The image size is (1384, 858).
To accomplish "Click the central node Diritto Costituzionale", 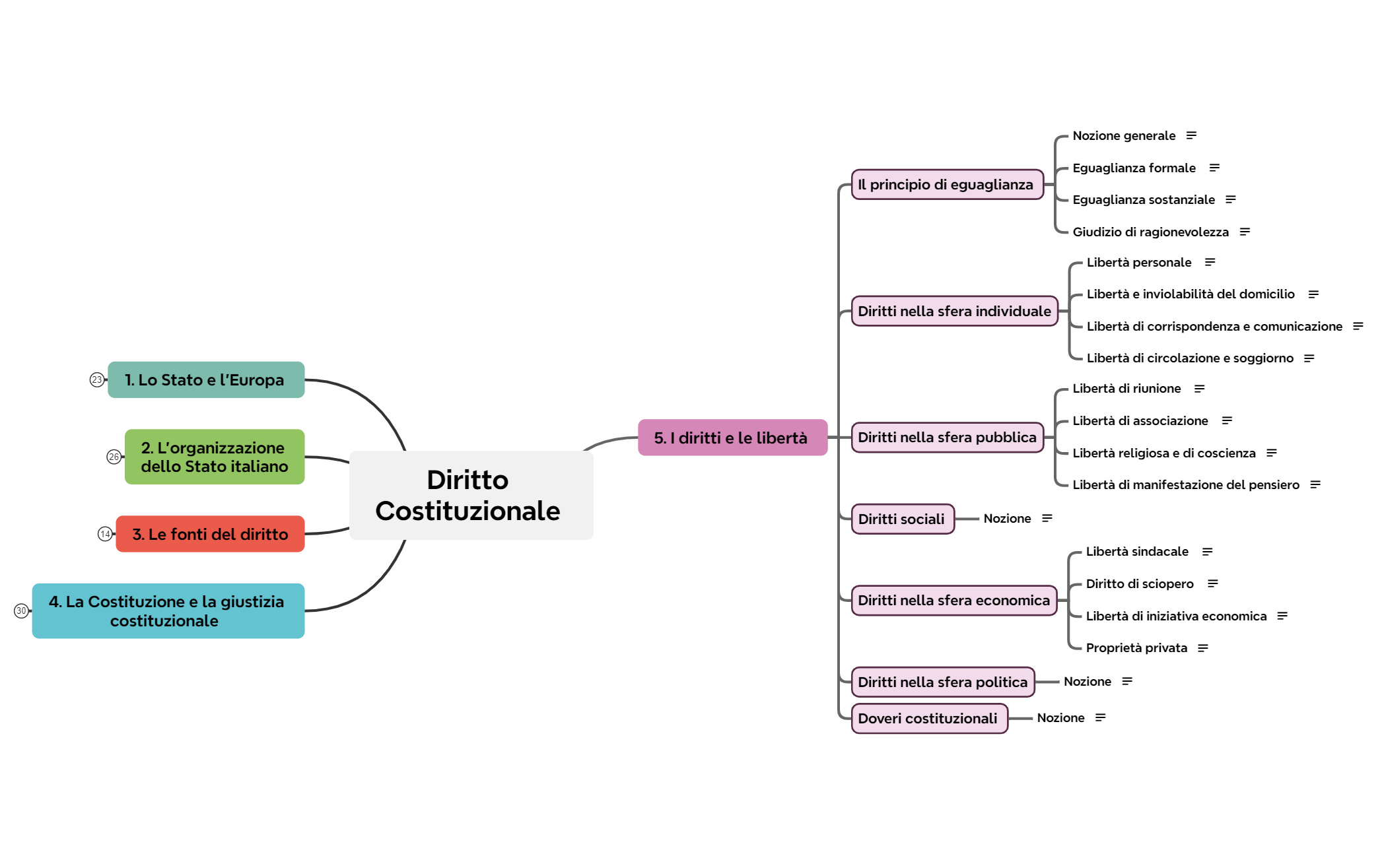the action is pyautogui.click(x=471, y=495).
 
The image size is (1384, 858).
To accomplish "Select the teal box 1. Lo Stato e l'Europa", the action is pyautogui.click(x=206, y=379).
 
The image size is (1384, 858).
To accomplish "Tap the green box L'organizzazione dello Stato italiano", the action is pyautogui.click(x=215, y=457).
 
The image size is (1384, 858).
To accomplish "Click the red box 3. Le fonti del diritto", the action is pyautogui.click(x=210, y=534).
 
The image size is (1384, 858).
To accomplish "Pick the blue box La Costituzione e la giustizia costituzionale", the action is pyautogui.click(x=168, y=610).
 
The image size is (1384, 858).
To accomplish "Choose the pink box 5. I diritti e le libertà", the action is pyautogui.click(x=732, y=437).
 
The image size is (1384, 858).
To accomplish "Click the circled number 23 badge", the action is pyautogui.click(x=97, y=379).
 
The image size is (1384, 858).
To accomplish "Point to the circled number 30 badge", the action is pyautogui.click(x=21, y=610).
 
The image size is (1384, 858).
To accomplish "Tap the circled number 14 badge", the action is pyautogui.click(x=105, y=534).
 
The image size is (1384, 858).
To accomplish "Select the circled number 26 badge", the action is pyautogui.click(x=114, y=457).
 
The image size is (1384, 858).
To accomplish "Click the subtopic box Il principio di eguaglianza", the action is pyautogui.click(x=948, y=184).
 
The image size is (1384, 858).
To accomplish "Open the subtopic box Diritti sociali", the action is pyautogui.click(x=903, y=519).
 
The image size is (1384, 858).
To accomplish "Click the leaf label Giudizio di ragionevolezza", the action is pyautogui.click(x=1150, y=232).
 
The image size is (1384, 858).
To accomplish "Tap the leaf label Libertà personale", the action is pyautogui.click(x=1139, y=262).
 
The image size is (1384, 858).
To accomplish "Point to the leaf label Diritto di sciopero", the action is pyautogui.click(x=1140, y=583).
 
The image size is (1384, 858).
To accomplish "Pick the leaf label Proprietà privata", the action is pyautogui.click(x=1136, y=647).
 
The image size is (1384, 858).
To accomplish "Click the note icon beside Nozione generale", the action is pyautogui.click(x=1191, y=135).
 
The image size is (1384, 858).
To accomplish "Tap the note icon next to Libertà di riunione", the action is pyautogui.click(x=1199, y=389).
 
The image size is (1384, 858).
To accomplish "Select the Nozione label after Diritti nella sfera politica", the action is pyautogui.click(x=1087, y=681).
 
